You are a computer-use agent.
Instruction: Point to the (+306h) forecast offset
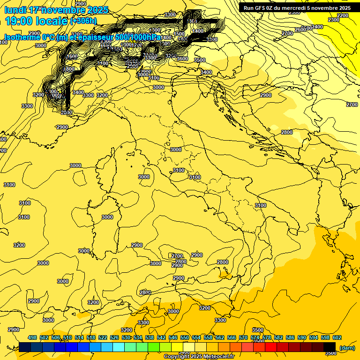coord(83,21)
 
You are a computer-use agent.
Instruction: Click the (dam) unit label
coord(347,348)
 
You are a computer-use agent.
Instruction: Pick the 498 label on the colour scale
coord(32,337)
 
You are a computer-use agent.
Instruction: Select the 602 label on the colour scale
coord(337,337)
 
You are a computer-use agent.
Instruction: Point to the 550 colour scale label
coord(185,337)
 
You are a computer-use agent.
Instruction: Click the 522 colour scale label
coord(103,337)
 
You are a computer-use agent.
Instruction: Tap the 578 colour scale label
coord(267,337)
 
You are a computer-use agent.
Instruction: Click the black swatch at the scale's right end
coord(330,347)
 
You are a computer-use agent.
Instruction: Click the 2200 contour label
coord(343,15)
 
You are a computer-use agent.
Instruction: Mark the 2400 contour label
coord(317,27)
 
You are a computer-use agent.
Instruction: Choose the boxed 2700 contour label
coord(177,255)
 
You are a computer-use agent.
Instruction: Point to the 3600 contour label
coord(182,59)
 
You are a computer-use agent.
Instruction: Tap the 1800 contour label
coord(69,69)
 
